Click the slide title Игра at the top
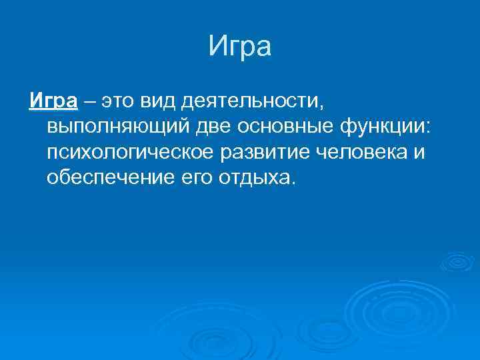[239, 47]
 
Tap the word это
[117, 102]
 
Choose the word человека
[361, 153]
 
